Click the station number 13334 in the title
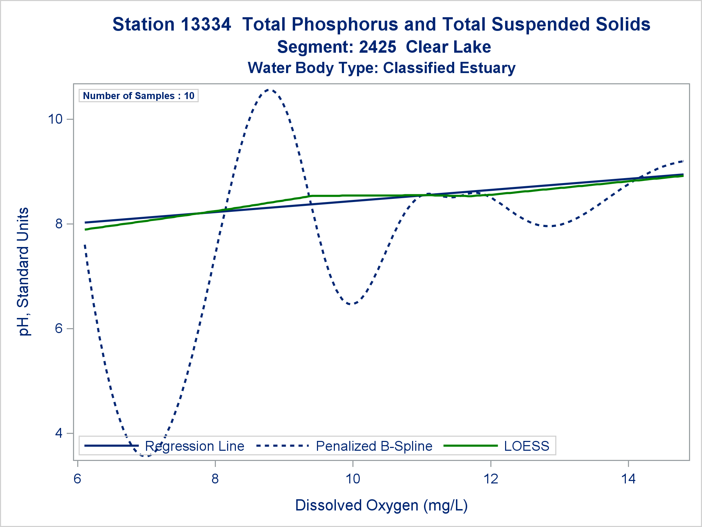click(206, 25)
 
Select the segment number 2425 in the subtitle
click(377, 47)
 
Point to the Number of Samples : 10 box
click(139, 96)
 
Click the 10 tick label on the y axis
click(55, 119)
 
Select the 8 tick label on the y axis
click(59, 224)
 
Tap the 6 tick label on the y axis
click(59, 328)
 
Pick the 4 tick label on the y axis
click(59, 433)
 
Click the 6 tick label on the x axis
click(78, 479)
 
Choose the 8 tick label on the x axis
click(215, 479)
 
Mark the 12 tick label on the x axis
click(491, 479)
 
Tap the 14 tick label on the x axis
click(628, 479)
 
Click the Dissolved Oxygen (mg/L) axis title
click(382, 505)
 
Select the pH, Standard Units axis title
click(24, 272)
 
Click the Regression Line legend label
click(194, 446)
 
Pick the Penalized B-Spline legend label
click(374, 446)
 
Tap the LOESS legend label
click(526, 446)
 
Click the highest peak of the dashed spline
click(269, 90)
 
